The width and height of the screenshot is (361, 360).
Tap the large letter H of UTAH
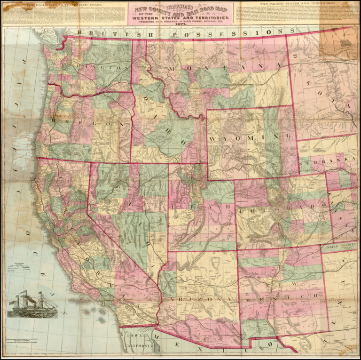click(228, 207)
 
